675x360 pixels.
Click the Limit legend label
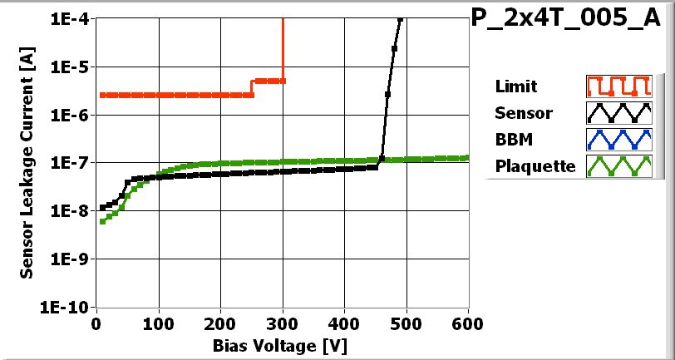515,86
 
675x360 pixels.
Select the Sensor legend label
523,113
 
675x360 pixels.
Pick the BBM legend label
511,139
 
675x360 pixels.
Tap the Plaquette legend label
535,165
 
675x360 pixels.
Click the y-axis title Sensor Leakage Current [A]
27,162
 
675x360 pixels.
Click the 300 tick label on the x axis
283,323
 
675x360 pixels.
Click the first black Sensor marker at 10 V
102,208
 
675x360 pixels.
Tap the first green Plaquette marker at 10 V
102,221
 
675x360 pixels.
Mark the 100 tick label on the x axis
159,323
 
